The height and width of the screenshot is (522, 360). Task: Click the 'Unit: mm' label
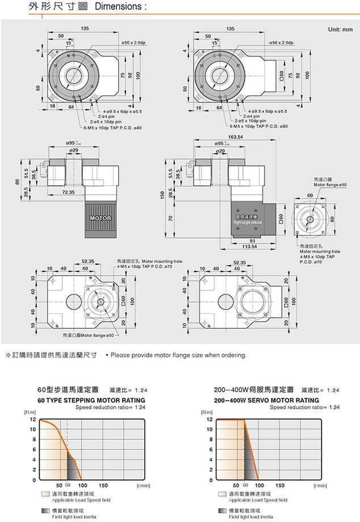(x=340, y=28)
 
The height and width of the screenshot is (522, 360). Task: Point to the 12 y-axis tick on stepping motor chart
(x=33, y=419)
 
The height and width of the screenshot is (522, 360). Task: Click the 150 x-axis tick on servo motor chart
(x=280, y=486)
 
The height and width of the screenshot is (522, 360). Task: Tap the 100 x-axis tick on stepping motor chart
(x=82, y=486)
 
